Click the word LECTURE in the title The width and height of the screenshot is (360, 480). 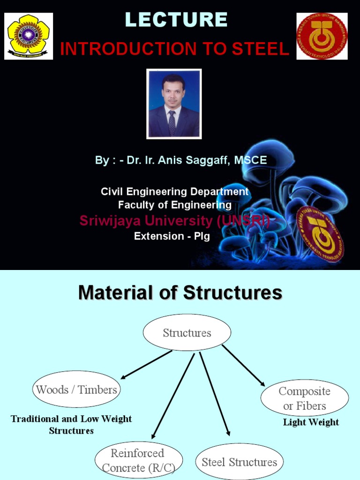coord(176,20)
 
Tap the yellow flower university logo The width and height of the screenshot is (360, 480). coord(29,36)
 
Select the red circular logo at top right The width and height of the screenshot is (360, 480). coord(322,36)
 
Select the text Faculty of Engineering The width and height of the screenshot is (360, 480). coord(175,205)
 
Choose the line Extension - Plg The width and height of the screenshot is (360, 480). coord(172,236)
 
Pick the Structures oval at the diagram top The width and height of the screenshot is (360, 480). coord(187,333)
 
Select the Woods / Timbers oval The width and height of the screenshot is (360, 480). coord(76,390)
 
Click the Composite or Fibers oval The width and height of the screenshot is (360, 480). coord(304,398)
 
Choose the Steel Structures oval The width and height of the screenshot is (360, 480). coord(239,462)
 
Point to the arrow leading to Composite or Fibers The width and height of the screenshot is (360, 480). coord(244,365)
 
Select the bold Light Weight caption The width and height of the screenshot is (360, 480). coord(311,422)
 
